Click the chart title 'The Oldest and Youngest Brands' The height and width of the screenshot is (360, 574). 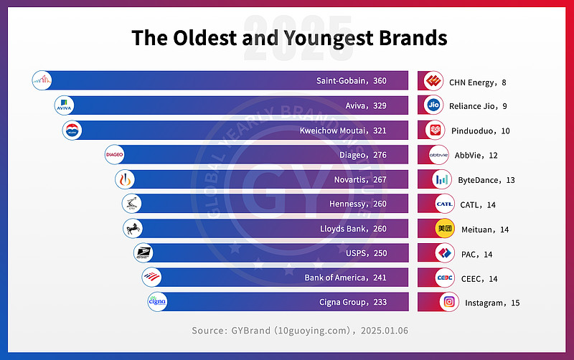coord(289,38)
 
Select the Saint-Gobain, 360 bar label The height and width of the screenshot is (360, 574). coord(351,81)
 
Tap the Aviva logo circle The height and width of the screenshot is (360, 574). coord(65,106)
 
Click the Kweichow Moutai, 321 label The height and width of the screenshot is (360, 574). coord(343,131)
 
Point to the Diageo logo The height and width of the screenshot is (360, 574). coord(115,154)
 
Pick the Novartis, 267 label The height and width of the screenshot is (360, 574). coord(360,179)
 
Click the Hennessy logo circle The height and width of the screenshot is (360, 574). coord(131,204)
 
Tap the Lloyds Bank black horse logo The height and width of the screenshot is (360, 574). coord(133,228)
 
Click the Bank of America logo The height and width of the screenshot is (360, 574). coord(151,278)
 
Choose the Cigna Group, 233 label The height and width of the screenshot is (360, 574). coord(353,302)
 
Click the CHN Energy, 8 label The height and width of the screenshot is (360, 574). coord(478,82)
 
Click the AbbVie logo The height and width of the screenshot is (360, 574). coord(438,155)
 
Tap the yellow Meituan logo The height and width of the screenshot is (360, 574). coord(445,229)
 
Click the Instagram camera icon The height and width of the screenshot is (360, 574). coord(449,302)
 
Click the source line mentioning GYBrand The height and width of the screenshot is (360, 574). coord(290,331)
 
